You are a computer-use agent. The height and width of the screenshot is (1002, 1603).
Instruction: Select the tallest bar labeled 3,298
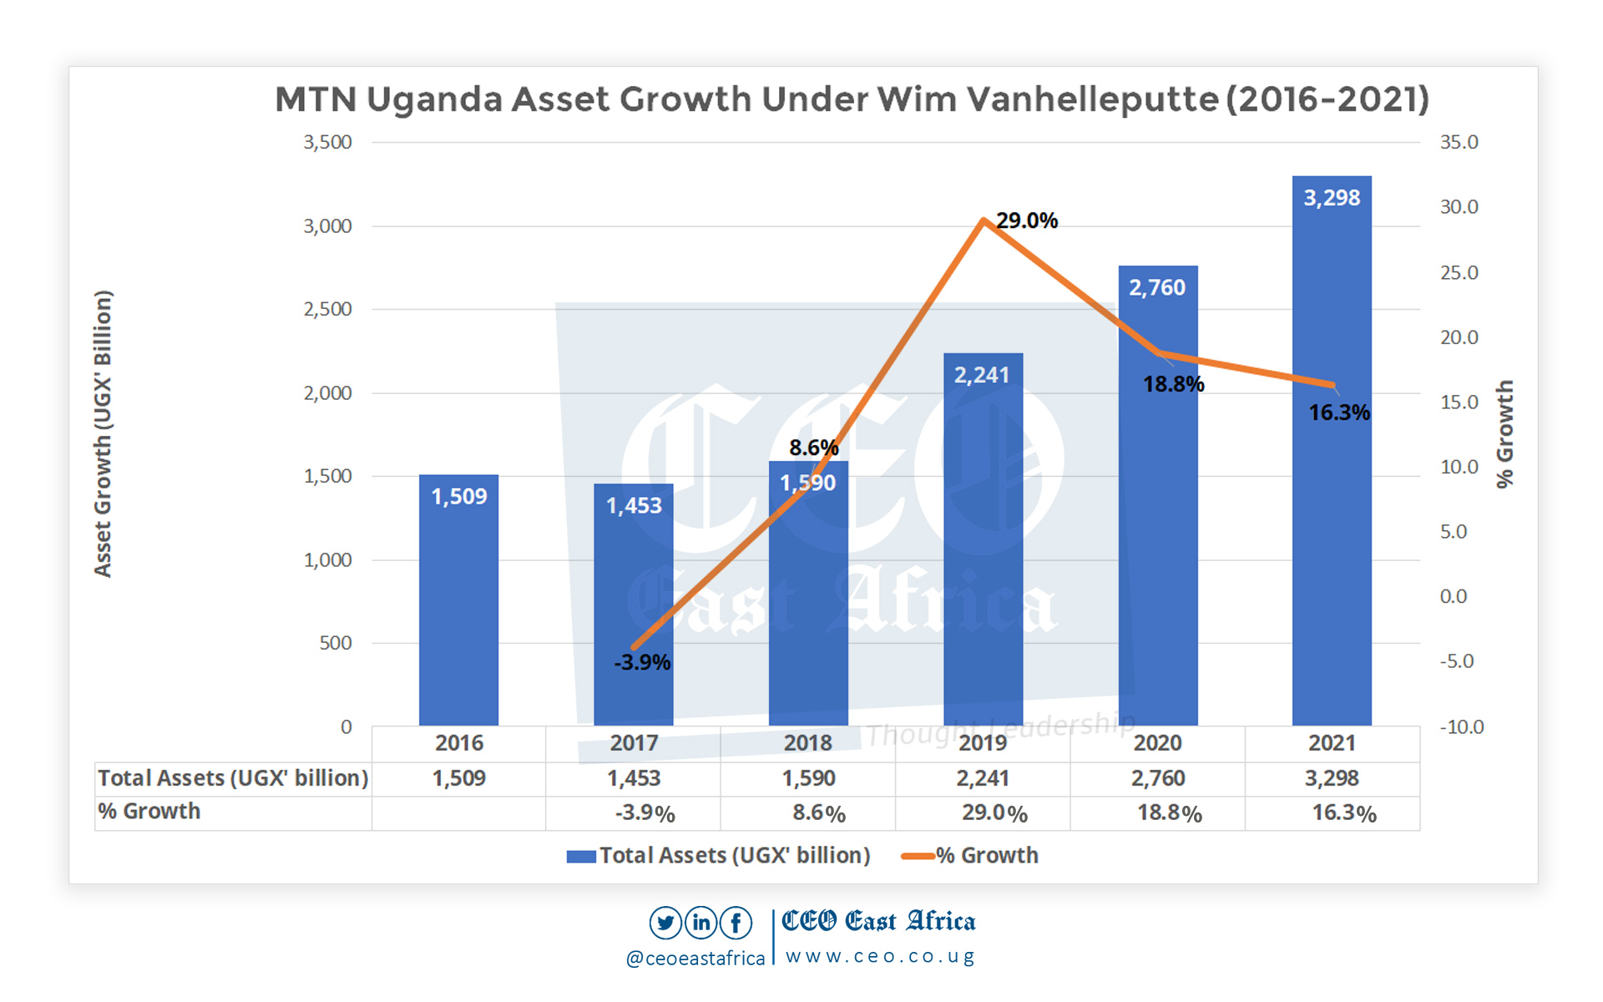click(1332, 451)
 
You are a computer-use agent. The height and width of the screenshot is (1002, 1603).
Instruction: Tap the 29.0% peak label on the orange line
click(1026, 220)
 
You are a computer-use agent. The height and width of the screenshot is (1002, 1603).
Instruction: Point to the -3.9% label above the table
click(642, 662)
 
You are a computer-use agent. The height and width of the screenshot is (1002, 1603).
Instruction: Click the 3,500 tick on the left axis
click(327, 142)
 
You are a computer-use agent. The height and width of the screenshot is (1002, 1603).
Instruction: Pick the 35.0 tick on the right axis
click(1459, 142)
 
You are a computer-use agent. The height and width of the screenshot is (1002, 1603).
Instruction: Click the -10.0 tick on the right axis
click(1461, 726)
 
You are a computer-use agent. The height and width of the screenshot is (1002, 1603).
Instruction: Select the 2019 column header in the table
click(983, 742)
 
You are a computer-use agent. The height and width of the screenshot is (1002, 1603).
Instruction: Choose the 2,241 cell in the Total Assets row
click(983, 778)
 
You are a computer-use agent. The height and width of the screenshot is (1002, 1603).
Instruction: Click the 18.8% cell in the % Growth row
click(1169, 813)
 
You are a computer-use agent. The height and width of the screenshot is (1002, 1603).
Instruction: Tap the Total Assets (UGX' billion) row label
click(233, 778)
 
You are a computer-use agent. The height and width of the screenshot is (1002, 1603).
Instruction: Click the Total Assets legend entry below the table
click(718, 856)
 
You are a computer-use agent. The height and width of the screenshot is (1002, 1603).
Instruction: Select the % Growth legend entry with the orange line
click(970, 856)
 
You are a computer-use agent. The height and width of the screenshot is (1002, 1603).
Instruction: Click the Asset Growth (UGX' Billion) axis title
click(103, 433)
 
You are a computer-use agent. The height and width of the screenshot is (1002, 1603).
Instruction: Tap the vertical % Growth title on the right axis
click(1504, 433)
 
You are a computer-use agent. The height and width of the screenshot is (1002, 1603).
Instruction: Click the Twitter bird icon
click(665, 923)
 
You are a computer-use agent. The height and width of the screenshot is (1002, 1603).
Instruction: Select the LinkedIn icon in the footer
click(701, 923)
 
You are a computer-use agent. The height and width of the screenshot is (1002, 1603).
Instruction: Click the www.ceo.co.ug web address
click(879, 956)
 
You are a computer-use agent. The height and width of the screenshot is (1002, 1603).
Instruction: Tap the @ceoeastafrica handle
click(695, 959)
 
